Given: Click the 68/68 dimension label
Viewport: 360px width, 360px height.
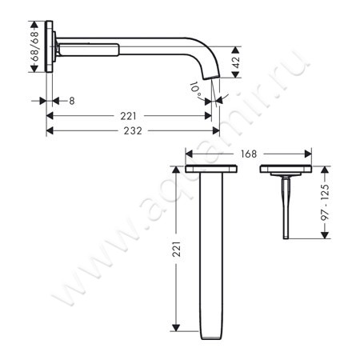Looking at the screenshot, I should click(x=34, y=50).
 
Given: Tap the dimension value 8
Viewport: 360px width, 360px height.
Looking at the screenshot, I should click(x=72, y=101).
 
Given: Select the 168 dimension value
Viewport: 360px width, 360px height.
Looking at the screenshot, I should click(x=248, y=154).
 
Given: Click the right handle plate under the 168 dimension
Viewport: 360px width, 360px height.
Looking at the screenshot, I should click(x=286, y=170).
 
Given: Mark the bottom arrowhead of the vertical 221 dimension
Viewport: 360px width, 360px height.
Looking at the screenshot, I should click(x=173, y=330).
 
